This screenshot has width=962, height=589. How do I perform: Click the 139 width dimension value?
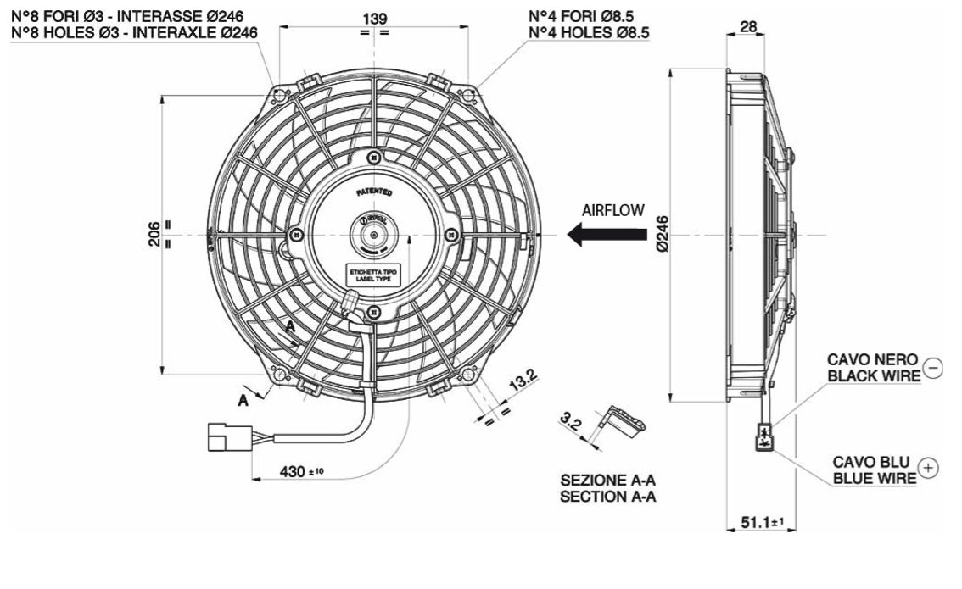click(x=375, y=18)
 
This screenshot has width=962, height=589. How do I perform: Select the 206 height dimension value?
click(x=154, y=233)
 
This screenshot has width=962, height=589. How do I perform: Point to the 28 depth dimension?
click(x=748, y=26)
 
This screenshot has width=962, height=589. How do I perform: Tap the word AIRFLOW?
click(x=612, y=209)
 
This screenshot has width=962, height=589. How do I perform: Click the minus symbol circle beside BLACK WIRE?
click(x=932, y=368)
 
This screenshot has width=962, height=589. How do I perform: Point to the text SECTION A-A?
click(x=607, y=497)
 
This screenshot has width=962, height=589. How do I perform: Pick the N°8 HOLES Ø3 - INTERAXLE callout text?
click(x=134, y=32)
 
